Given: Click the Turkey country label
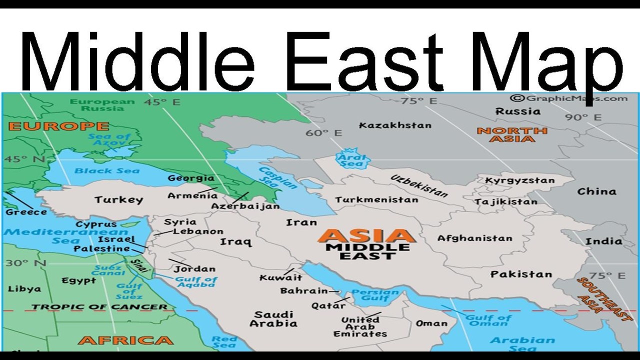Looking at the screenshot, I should (118, 200).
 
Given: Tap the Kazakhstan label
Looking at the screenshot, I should (395, 125).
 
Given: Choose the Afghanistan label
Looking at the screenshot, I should (475, 238).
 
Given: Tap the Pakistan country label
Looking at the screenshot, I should (521, 274).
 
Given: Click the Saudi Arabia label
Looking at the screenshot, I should (273, 319).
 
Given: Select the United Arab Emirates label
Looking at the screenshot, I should (360, 326).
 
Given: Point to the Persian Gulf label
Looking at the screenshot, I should (375, 295).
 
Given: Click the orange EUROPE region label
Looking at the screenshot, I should (58, 126).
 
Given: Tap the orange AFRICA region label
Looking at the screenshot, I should (125, 340).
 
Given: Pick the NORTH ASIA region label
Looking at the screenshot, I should (512, 135).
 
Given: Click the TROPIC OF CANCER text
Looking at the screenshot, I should (99, 307).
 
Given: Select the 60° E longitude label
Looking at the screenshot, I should (324, 133).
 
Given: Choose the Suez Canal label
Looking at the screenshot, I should (108, 270).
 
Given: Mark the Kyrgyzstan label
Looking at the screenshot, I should (519, 180).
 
